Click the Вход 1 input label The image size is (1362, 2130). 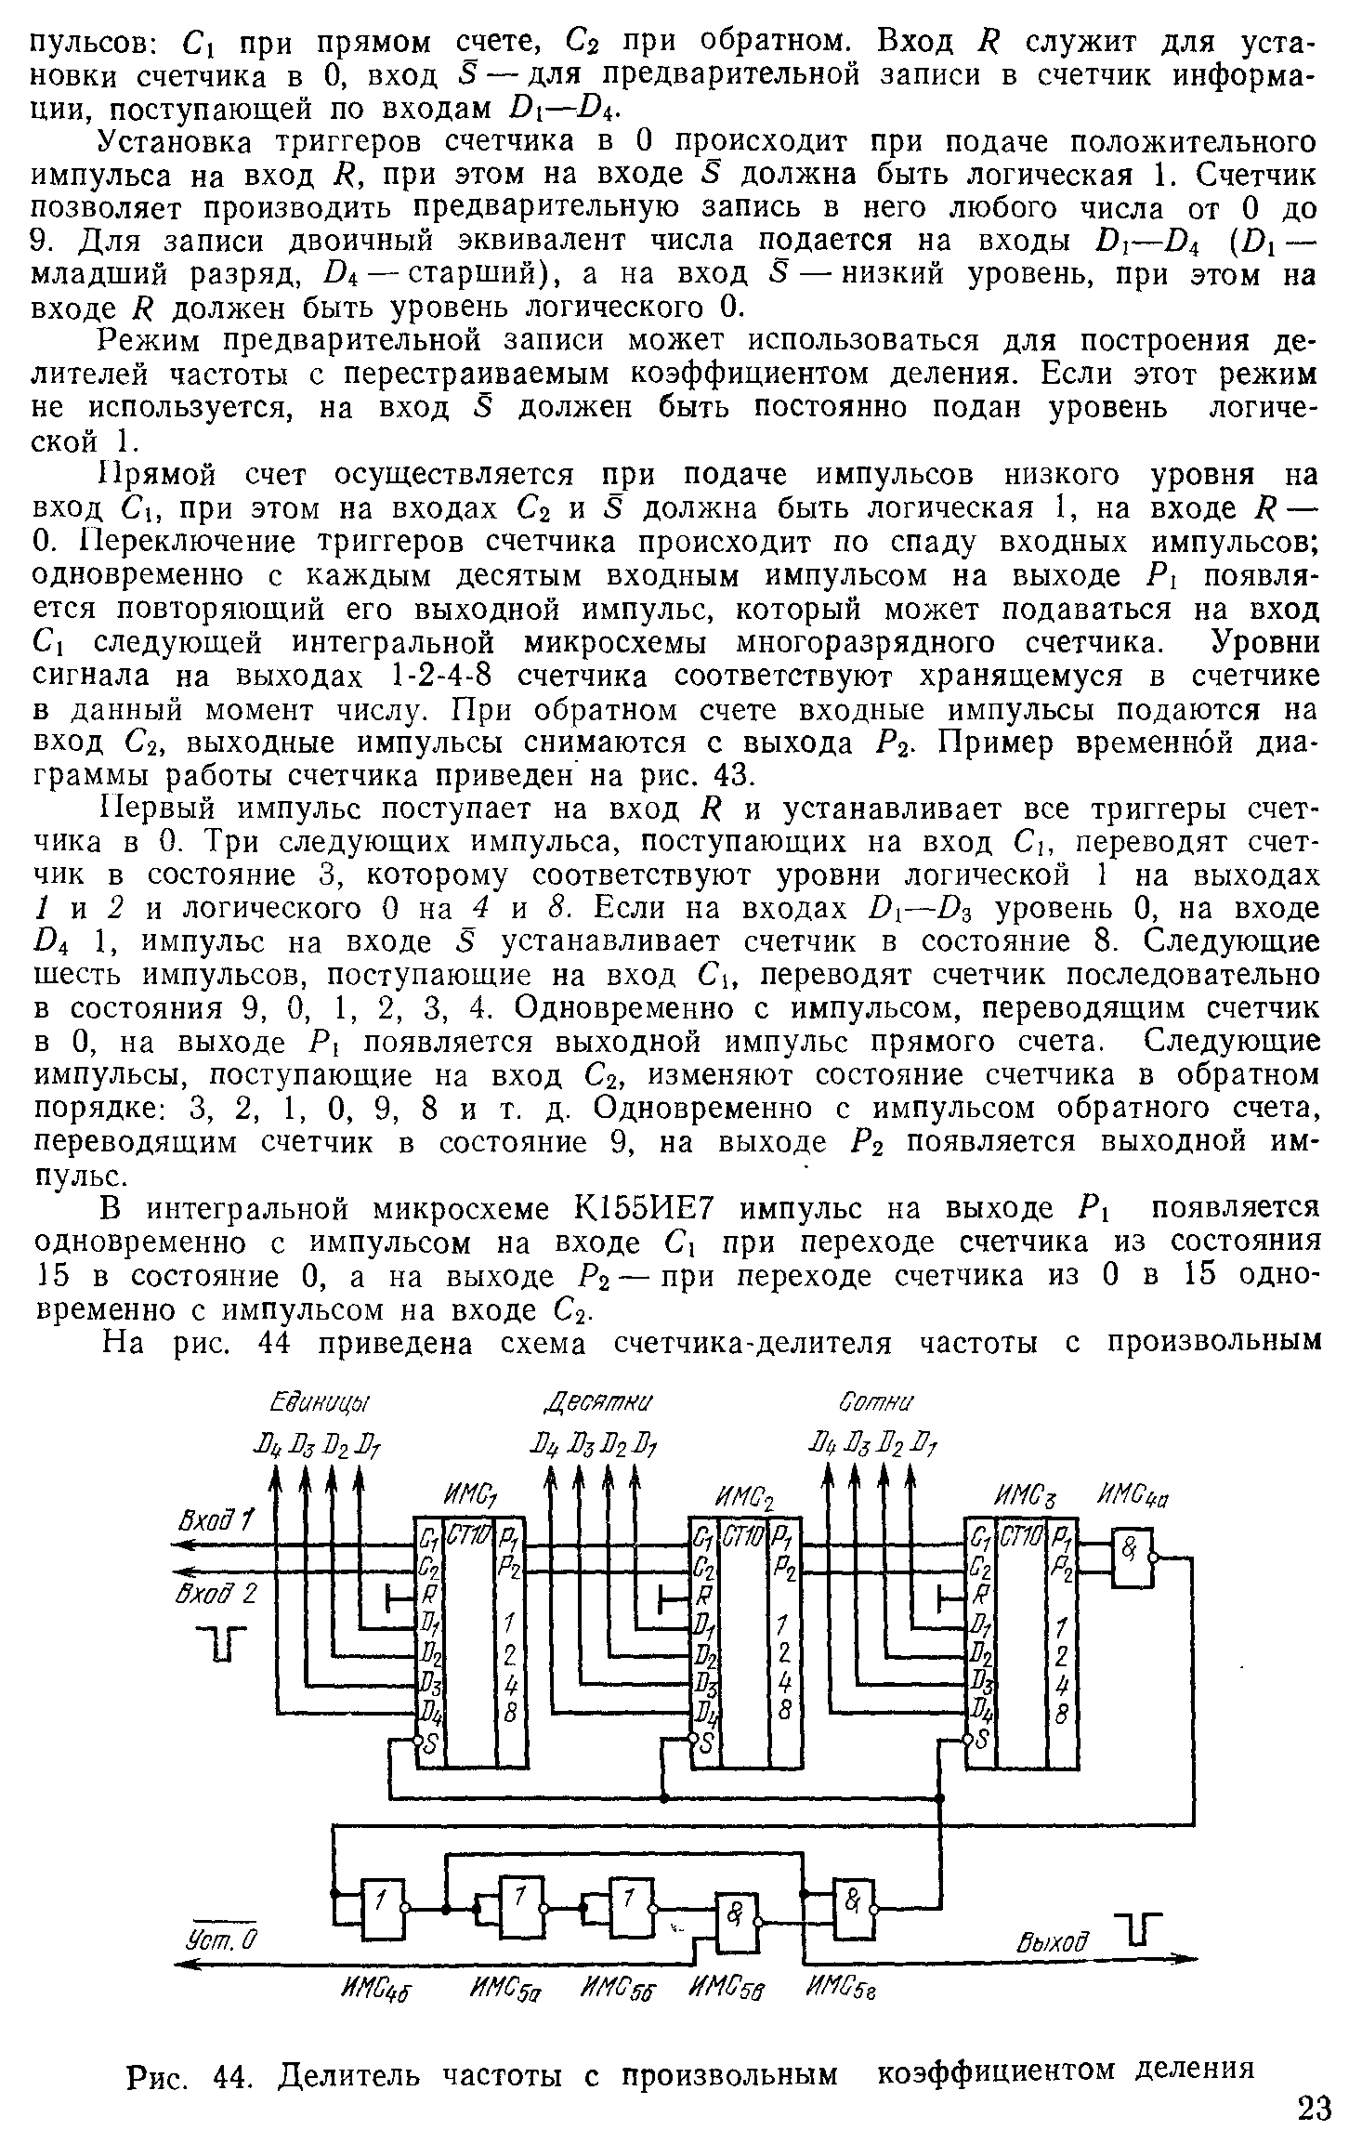pos(216,1521)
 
